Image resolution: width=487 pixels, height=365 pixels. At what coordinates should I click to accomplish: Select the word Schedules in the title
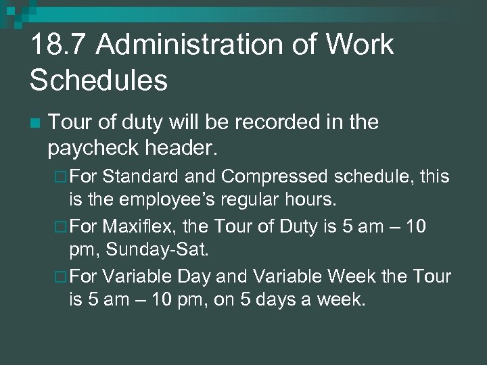98,80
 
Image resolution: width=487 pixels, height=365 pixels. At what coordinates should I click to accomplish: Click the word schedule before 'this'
371,176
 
